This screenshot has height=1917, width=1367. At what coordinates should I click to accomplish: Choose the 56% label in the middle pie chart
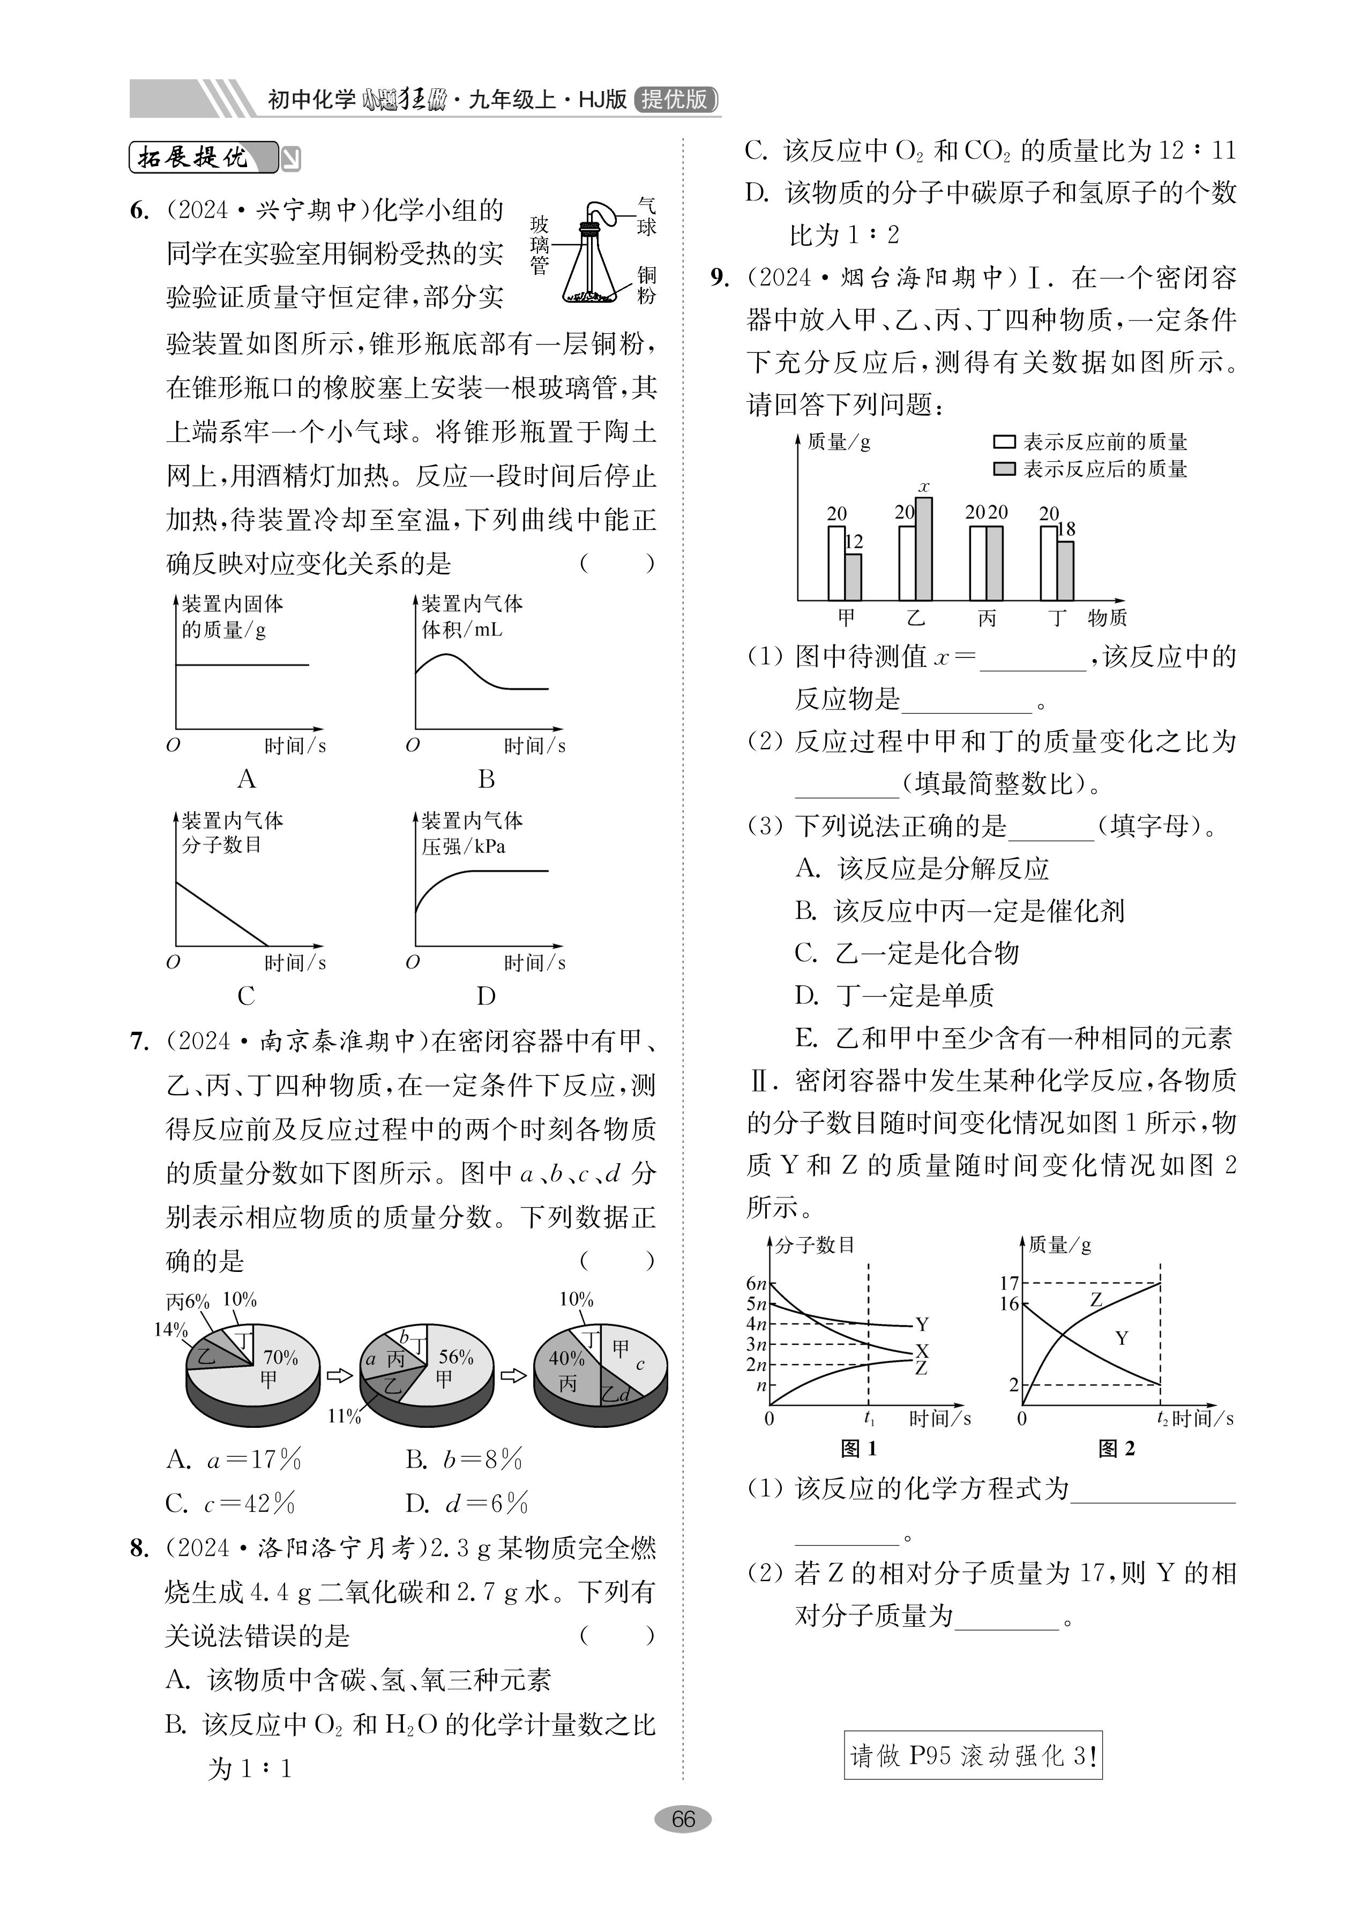coord(455,1358)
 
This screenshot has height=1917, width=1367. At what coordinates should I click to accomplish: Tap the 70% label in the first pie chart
coord(280,1358)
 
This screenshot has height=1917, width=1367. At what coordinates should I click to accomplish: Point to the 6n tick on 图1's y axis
coord(756,1283)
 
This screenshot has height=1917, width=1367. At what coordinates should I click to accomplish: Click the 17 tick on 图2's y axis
coord(1009,1283)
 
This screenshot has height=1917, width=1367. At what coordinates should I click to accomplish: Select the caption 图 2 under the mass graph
coord(1116,1448)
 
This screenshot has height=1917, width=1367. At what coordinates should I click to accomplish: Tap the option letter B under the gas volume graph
coord(485,778)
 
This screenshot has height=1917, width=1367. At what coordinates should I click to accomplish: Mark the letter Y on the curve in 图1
coord(922,1324)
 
